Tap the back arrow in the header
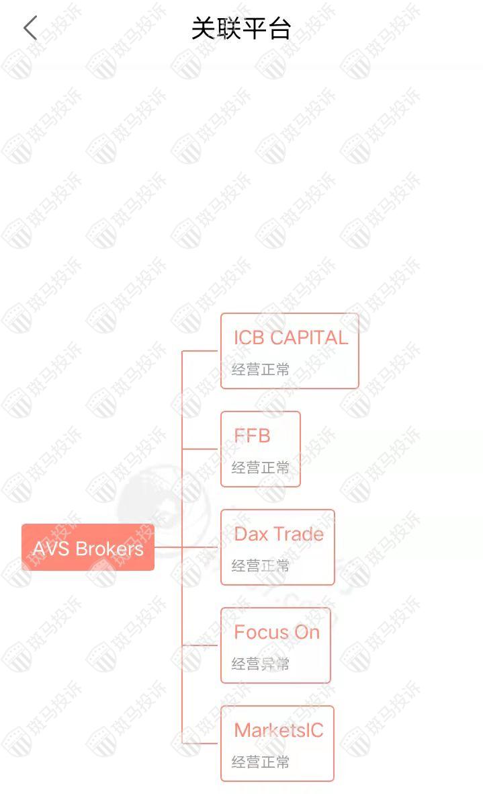point(30,28)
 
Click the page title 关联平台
point(240,28)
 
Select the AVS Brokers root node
point(88,547)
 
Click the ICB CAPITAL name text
point(291,338)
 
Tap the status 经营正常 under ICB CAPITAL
point(261,370)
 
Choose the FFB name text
point(252,436)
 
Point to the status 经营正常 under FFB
point(261,467)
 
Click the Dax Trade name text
point(279,534)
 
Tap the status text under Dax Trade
point(261,565)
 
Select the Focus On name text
point(277,632)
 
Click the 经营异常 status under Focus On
point(261,664)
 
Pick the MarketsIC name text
point(279,730)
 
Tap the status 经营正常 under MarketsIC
point(261,762)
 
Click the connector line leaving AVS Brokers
point(168,547)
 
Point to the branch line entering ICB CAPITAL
point(202,350)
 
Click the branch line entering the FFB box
point(202,448)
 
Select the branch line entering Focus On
point(202,645)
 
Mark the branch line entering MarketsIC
point(202,744)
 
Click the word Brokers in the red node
point(109,549)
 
